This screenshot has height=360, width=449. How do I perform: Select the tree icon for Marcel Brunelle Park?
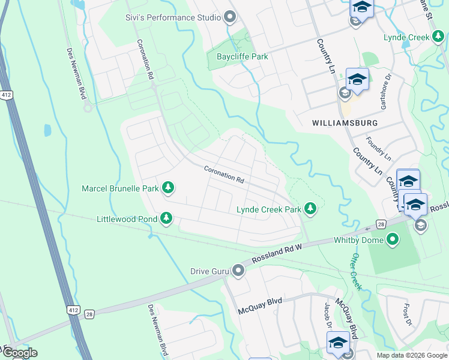tap(169, 188)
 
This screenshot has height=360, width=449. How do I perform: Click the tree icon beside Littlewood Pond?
tap(166, 220)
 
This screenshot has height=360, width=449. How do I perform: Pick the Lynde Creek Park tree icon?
tap(310, 209)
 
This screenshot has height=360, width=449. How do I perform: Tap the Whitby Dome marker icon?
tap(393, 241)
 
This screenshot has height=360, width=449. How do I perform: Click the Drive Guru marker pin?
tap(238, 271)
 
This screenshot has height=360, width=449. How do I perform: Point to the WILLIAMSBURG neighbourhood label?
tap(345, 122)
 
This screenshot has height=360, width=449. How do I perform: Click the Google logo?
tap(20, 353)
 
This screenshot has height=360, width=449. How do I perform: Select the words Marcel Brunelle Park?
tap(120, 188)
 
